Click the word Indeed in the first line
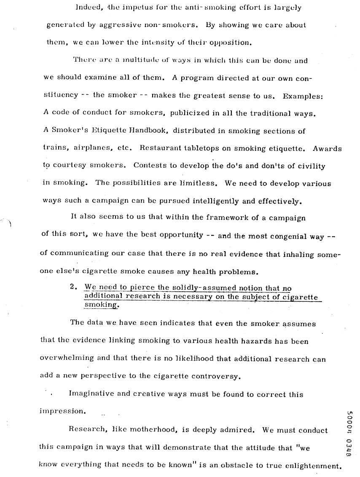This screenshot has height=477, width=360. [x=86, y=8]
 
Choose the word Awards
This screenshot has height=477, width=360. [x=328, y=148]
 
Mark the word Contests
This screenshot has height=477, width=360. [x=150, y=166]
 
